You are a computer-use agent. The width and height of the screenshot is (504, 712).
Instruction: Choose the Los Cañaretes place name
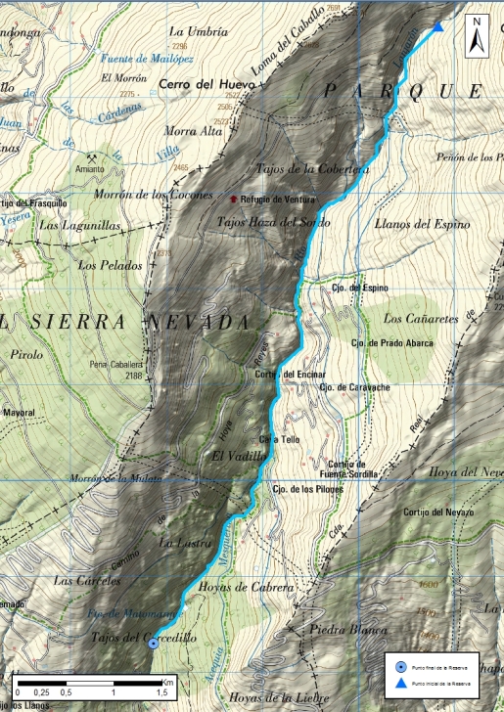(x=420, y=318)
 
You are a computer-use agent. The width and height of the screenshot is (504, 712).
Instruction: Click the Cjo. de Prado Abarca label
(x=391, y=343)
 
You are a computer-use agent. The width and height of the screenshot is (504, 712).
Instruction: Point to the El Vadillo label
(x=233, y=456)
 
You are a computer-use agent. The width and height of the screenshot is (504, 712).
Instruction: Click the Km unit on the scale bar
(x=168, y=681)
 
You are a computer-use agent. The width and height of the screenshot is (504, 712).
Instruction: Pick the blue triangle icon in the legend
(x=401, y=685)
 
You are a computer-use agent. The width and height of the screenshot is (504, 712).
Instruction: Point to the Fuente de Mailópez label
(x=147, y=59)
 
